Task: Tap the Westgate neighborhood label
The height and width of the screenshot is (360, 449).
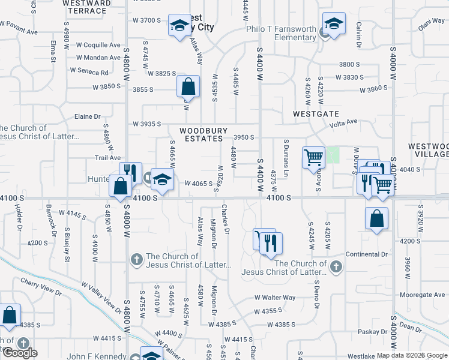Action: (x=316, y=113)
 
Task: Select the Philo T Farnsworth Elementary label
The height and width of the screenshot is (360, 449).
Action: (x=281, y=32)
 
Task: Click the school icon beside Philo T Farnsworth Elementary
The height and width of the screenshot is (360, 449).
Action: (x=334, y=25)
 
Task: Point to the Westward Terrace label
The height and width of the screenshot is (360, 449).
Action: (x=86, y=7)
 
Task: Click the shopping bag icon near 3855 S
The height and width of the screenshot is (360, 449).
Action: (x=188, y=87)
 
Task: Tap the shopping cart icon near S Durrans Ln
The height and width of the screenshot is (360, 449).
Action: (x=313, y=158)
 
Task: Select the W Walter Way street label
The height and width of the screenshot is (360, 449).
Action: (x=275, y=298)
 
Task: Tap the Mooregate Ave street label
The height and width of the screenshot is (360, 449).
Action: (x=423, y=295)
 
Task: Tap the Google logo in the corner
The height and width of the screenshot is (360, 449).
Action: (x=20, y=353)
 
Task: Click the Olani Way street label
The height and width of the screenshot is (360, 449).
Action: (x=431, y=24)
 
